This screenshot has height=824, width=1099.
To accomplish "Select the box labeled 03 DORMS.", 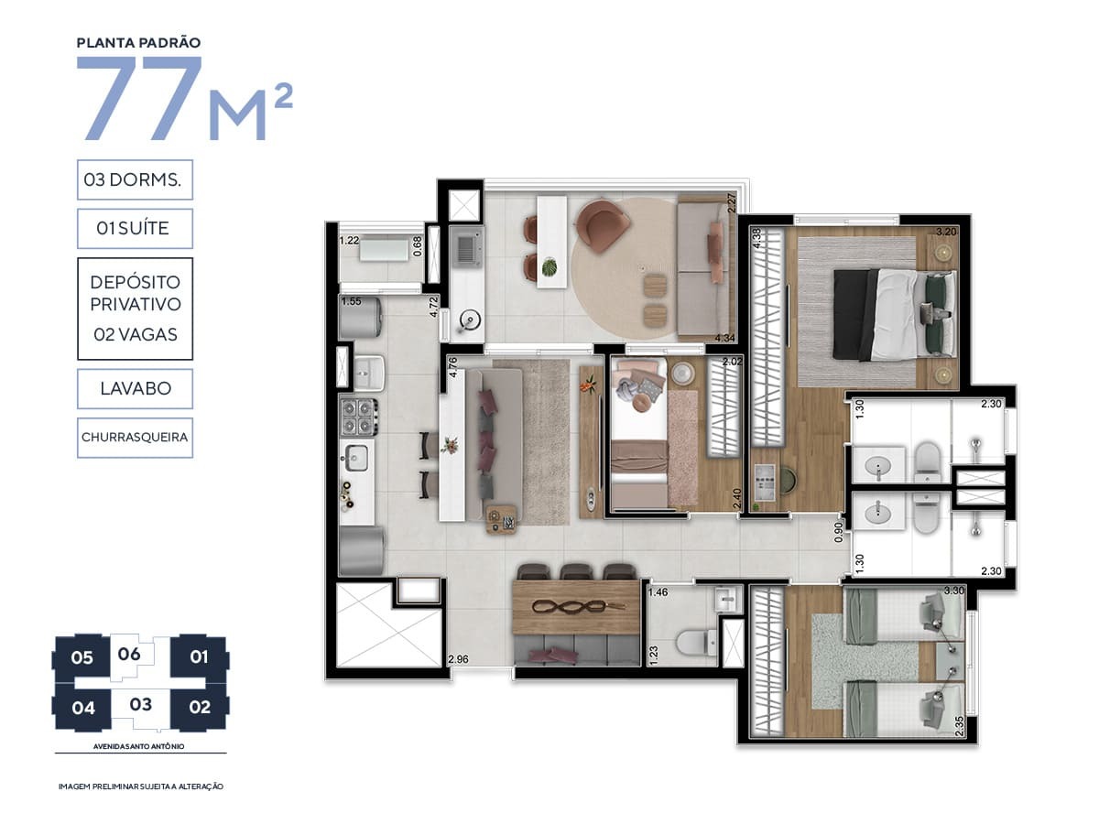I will [x=135, y=180].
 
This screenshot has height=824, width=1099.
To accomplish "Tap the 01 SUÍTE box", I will [x=135, y=228].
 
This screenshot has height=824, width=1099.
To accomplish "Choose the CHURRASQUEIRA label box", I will [x=135, y=437].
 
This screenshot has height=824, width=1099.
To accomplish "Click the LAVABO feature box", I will [x=135, y=388].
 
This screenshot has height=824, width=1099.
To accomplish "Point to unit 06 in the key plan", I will [x=129, y=654].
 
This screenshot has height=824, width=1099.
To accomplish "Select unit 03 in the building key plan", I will [x=140, y=704].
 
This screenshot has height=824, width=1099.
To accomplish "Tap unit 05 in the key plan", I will [x=82, y=656].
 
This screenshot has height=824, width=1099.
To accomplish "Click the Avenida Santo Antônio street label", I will [x=140, y=745].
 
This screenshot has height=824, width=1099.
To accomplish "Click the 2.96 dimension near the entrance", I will [x=459, y=658].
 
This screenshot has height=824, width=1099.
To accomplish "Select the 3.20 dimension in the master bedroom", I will [x=948, y=232].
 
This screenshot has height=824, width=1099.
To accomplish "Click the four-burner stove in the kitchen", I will [x=359, y=416].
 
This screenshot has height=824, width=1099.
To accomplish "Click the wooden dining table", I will [x=575, y=607].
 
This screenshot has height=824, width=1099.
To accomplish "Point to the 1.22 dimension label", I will [x=349, y=241].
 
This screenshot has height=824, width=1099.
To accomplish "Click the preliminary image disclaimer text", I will [x=140, y=786].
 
